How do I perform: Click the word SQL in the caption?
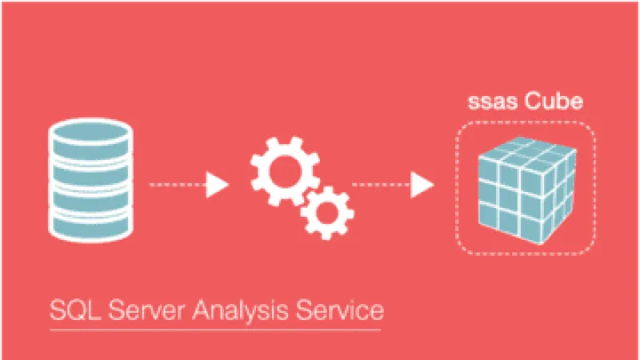pyautogui.click(x=70, y=309)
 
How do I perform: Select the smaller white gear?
pyautogui.click(x=326, y=211)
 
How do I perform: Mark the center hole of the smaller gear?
pyautogui.click(x=326, y=211)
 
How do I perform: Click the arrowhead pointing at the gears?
pyautogui.click(x=218, y=186)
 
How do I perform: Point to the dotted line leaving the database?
pyautogui.click(x=176, y=186)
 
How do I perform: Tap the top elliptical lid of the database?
pyautogui.click(x=89, y=131)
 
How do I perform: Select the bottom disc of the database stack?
pyautogui.click(x=89, y=224)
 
